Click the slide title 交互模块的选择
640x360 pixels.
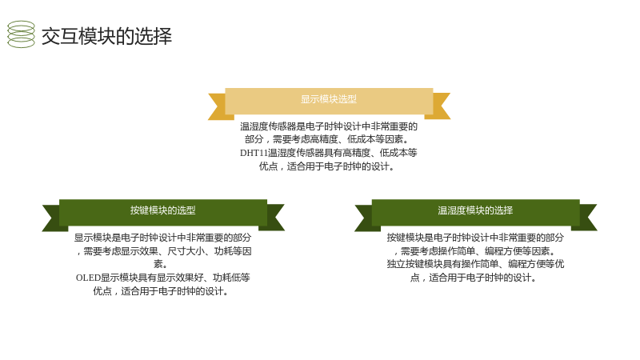(x=106, y=36)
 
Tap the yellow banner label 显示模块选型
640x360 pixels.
(x=329, y=99)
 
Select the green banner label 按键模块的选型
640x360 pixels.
(x=163, y=210)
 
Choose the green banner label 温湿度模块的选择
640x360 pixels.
(x=475, y=210)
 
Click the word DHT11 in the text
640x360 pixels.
(x=254, y=153)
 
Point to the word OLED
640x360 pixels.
(x=88, y=278)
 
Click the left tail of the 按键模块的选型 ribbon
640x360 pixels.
(x=51, y=218)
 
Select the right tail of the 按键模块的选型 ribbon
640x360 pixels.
(x=274, y=218)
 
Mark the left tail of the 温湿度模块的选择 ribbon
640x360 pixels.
(x=364, y=218)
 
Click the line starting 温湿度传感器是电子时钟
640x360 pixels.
(x=329, y=126)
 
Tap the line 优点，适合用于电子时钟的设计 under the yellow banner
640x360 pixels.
(x=327, y=166)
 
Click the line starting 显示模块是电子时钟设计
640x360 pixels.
(x=163, y=238)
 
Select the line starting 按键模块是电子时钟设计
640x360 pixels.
(x=475, y=238)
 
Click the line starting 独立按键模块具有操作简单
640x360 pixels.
(x=475, y=264)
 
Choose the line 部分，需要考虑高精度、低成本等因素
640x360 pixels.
(x=327, y=139)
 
